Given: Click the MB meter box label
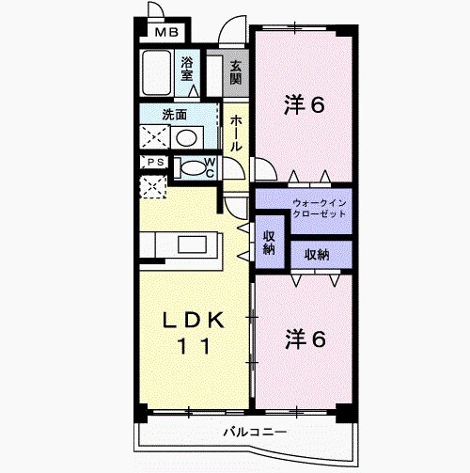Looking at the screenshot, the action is (x=166, y=32).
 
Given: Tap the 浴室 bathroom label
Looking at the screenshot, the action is (x=186, y=69).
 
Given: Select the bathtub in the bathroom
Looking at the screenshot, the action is (x=157, y=73).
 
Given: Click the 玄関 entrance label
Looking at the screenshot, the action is (x=236, y=72).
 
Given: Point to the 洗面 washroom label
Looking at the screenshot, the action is (x=175, y=115).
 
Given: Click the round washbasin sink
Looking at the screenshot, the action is (x=186, y=138).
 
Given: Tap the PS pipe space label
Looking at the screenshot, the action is (x=156, y=162).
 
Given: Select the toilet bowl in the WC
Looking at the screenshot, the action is (x=192, y=168).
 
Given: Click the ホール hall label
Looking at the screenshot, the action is (x=236, y=134).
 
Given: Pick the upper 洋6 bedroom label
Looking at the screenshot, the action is (x=304, y=104).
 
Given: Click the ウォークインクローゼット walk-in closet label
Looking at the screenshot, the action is (x=320, y=208).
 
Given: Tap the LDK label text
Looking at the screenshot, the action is (x=193, y=320).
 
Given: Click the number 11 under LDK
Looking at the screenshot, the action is (x=194, y=346).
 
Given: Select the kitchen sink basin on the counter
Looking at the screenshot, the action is (x=192, y=244).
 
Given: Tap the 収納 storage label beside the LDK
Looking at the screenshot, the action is (x=269, y=243).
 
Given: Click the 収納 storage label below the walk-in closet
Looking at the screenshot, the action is (x=317, y=255).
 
